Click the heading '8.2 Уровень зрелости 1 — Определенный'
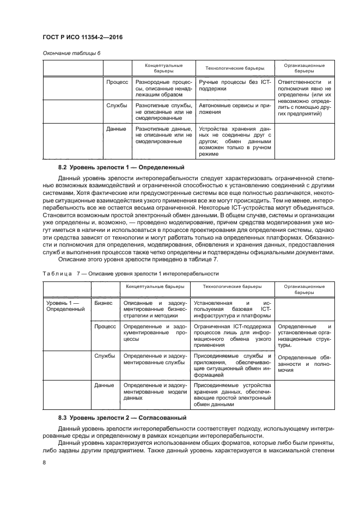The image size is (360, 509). click(121, 168)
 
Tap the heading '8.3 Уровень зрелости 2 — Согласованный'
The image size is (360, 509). click(122, 418)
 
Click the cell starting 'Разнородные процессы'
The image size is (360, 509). click(163, 88)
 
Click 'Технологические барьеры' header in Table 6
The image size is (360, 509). click(234, 68)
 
